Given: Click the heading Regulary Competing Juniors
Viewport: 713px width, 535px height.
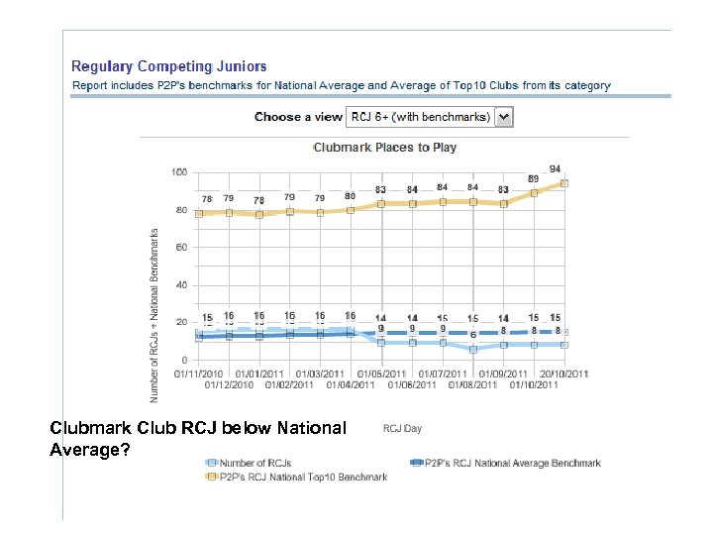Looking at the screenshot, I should (168, 66).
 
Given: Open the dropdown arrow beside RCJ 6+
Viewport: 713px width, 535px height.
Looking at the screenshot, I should (503, 117).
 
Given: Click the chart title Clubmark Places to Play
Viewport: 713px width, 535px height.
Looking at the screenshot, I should (385, 147).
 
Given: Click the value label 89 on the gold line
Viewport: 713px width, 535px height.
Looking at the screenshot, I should (533, 179).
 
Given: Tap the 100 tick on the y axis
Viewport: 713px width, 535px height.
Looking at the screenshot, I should (178, 172).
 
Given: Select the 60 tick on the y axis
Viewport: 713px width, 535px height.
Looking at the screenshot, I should (181, 248).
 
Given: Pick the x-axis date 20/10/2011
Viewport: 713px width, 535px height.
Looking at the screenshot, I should (564, 374).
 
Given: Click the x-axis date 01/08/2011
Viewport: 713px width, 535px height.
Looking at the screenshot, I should (472, 384).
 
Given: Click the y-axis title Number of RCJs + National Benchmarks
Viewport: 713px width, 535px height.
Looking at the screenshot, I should (155, 315).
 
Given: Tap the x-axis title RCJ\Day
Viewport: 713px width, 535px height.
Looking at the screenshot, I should (402, 428).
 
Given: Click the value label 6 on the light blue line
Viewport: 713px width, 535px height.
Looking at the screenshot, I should (473, 335).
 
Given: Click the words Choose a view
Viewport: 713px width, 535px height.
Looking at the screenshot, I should (298, 117).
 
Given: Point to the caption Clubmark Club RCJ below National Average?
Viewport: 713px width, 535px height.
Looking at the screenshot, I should (198, 438).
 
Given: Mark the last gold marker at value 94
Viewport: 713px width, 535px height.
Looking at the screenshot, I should (564, 183).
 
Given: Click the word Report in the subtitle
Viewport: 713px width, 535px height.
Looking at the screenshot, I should (91, 86).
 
